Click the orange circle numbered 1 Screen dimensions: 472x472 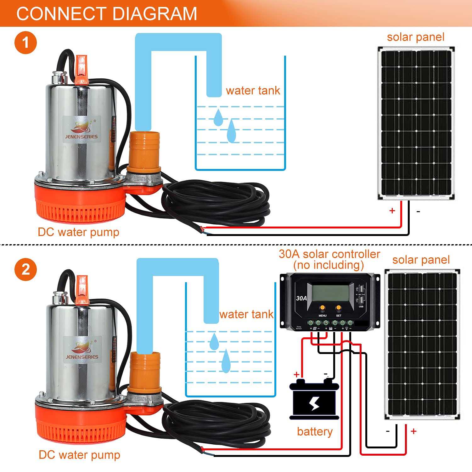click(25, 42)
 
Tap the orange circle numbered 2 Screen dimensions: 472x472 click(25, 270)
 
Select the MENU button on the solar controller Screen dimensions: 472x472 click(322, 308)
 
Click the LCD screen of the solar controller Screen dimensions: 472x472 click(330, 292)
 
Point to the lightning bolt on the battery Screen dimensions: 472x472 click(314, 403)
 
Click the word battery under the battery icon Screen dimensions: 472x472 click(315, 431)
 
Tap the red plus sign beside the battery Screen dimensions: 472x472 click(296, 374)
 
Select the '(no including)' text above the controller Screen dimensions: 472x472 click(329, 265)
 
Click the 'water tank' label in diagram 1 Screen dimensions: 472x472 click(253, 91)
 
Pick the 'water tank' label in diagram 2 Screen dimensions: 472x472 click(246, 314)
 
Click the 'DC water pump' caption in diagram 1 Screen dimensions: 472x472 click(78, 232)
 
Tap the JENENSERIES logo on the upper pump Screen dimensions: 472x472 click(81, 130)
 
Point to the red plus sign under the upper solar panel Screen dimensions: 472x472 click(392, 211)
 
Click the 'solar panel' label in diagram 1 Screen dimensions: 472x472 click(415, 37)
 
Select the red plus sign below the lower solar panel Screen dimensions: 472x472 click(413, 431)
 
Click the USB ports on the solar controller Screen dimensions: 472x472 click(361, 294)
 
